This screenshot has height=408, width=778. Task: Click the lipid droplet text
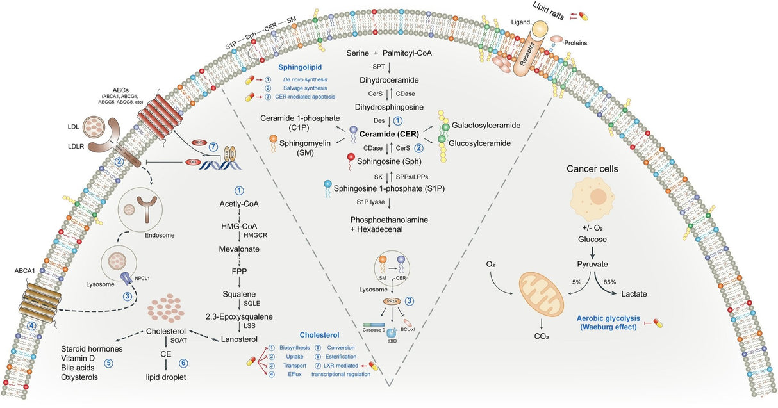165,377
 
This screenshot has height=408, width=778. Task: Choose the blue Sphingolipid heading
299,66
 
